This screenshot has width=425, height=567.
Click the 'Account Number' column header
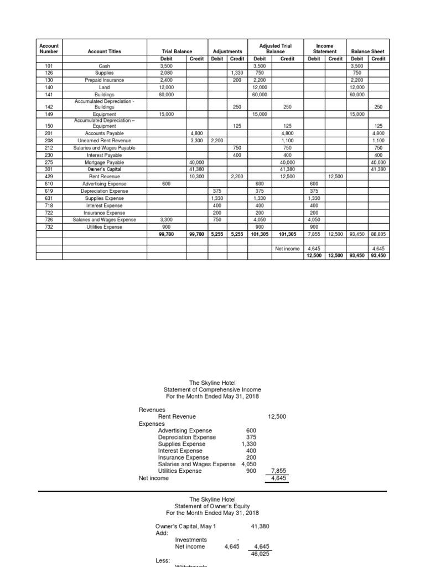[49, 48]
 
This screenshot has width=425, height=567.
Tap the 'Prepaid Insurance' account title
[105, 80]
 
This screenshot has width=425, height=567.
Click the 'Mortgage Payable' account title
[105, 162]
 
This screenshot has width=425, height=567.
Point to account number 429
[49, 176]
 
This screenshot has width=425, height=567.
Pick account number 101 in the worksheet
[49, 65]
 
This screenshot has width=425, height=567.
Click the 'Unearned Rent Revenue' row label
[105, 141]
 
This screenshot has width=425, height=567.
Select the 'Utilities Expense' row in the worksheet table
[105, 227]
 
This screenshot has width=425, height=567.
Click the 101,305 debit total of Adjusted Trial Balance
[259, 234]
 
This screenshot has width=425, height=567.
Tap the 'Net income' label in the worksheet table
[287, 249]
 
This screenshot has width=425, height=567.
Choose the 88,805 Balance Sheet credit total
[379, 234]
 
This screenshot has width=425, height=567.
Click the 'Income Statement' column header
[324, 48]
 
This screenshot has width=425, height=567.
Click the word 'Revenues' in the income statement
[152, 410]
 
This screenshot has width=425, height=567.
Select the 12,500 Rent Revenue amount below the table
[277, 416]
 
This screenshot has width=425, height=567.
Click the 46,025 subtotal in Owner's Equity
[260, 553]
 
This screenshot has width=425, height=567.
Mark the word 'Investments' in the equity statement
[191, 539]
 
